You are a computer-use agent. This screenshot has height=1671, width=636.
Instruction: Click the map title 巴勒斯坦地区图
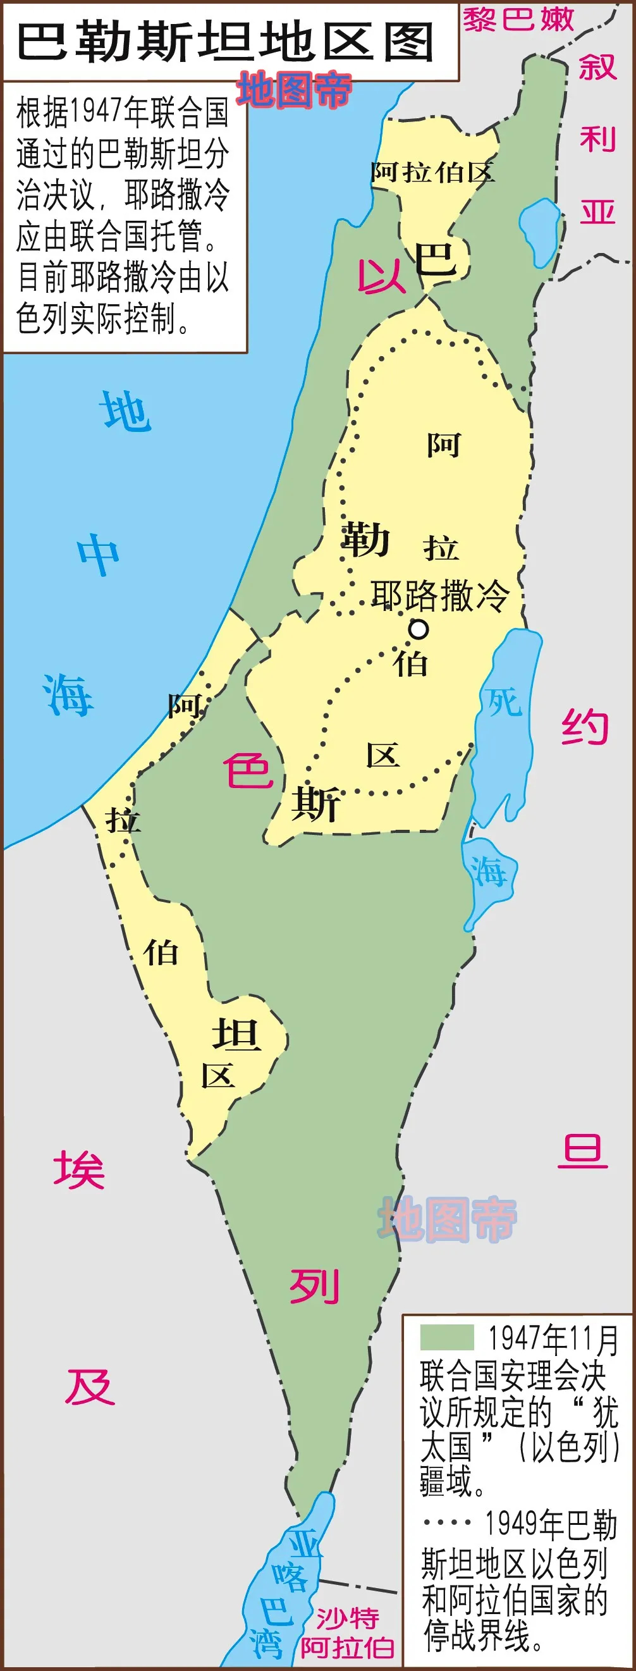point(225,42)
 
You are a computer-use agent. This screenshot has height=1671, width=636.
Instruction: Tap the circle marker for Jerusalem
point(419,629)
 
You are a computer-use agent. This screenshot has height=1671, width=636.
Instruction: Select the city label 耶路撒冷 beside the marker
point(440,596)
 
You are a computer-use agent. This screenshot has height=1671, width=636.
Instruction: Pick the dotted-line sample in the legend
point(448,1522)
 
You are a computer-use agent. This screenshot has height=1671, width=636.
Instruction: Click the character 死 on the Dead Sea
point(505,702)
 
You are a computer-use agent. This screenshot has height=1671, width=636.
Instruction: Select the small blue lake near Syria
point(539,231)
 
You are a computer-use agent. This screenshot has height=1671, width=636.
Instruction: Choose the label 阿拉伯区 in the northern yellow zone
point(433,173)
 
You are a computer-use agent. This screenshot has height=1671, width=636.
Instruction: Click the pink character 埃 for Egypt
point(79,1171)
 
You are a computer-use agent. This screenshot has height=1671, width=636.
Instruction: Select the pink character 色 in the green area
point(248,771)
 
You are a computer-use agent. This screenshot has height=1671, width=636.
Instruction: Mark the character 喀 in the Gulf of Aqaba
point(290,1576)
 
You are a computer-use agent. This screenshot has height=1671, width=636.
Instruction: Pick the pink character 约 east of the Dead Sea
point(585,727)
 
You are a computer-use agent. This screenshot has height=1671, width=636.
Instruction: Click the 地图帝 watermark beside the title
point(294,90)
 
